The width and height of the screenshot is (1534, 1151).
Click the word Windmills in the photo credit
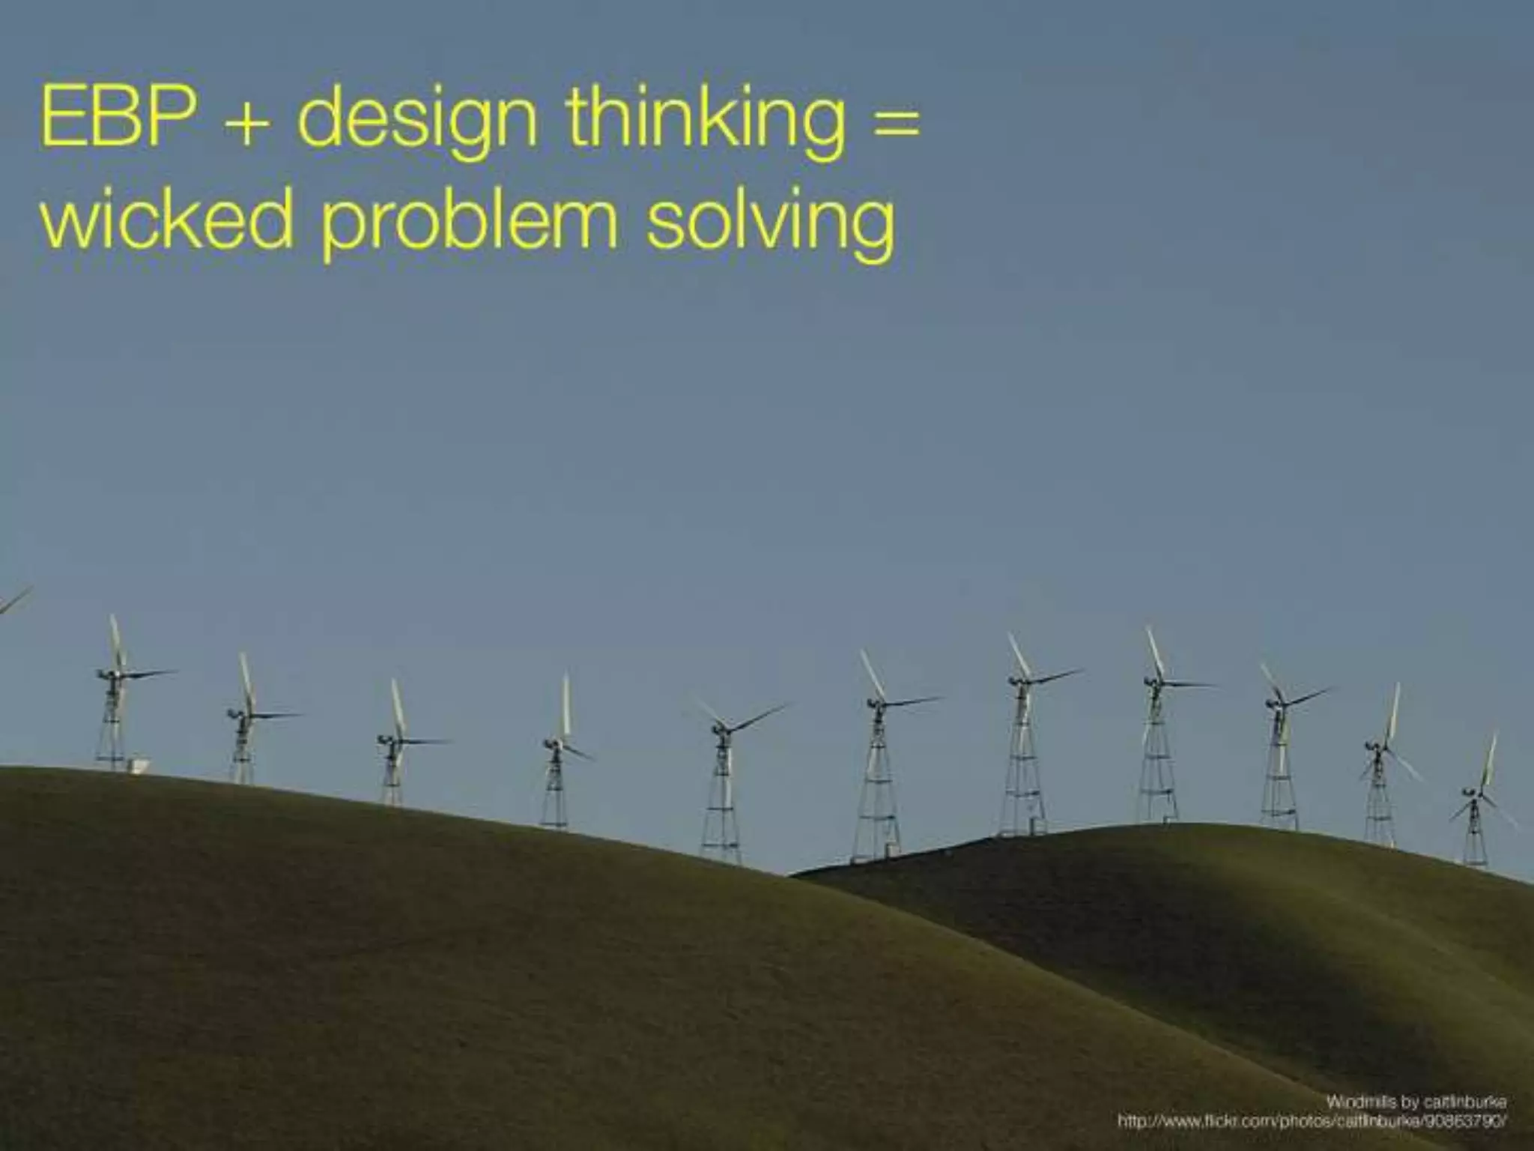click(x=1360, y=1102)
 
